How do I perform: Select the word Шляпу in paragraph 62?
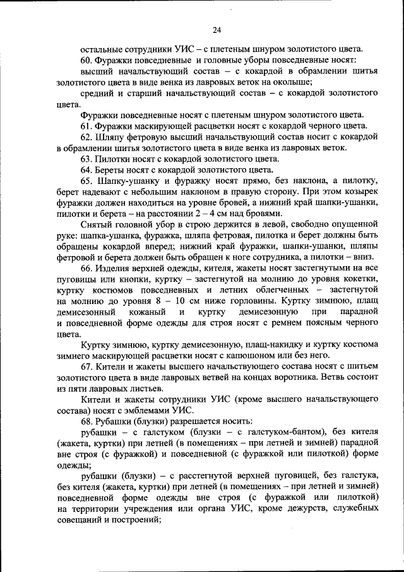111,136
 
